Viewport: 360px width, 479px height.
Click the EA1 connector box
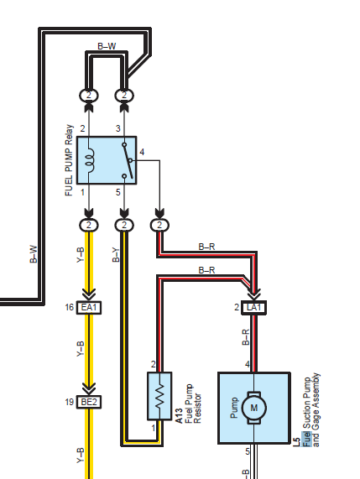click(x=89, y=307)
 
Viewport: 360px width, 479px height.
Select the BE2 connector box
click(x=89, y=402)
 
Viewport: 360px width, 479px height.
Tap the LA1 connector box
click(x=253, y=307)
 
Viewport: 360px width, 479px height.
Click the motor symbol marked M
click(x=254, y=408)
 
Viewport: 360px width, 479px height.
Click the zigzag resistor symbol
click(x=159, y=396)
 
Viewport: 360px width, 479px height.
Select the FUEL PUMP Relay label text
click(x=69, y=160)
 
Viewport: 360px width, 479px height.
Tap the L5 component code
click(x=297, y=442)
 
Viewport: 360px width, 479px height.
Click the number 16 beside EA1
click(x=70, y=307)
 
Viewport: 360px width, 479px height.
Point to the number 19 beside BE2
click(x=70, y=402)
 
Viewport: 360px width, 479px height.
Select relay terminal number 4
click(x=142, y=152)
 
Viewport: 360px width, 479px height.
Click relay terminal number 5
click(x=118, y=192)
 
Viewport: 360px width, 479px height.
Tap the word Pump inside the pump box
click(x=234, y=408)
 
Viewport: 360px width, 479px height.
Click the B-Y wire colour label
click(x=116, y=255)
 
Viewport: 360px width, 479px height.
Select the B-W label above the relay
click(x=107, y=46)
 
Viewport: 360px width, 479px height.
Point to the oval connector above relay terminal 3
click(x=124, y=96)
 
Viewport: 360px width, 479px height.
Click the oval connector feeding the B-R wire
click(x=159, y=226)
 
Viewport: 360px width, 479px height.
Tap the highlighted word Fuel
click(x=307, y=440)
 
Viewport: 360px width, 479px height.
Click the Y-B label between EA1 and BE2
click(x=80, y=349)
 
